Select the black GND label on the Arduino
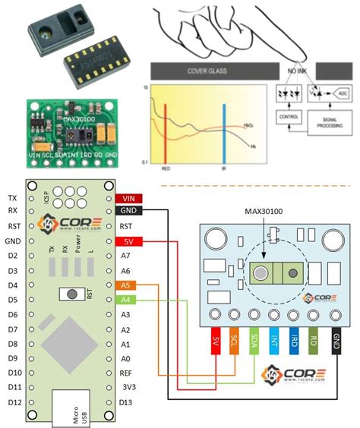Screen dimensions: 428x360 coord(126,211)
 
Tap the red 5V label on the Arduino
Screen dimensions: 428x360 coord(126,242)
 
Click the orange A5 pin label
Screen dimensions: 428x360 coord(126,285)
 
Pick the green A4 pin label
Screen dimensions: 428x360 coord(126,300)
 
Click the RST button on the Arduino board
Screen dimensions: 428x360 coord(74,294)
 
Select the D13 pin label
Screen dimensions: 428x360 coord(126,401)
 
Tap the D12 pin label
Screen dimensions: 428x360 coord(13,401)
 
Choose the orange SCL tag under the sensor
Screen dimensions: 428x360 coord(235,344)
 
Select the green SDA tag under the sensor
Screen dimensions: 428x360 coord(254,344)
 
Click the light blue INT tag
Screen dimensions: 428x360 coord(274,344)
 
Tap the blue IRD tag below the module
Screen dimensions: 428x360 coord(294,344)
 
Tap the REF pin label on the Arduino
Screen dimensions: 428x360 coord(126,373)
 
